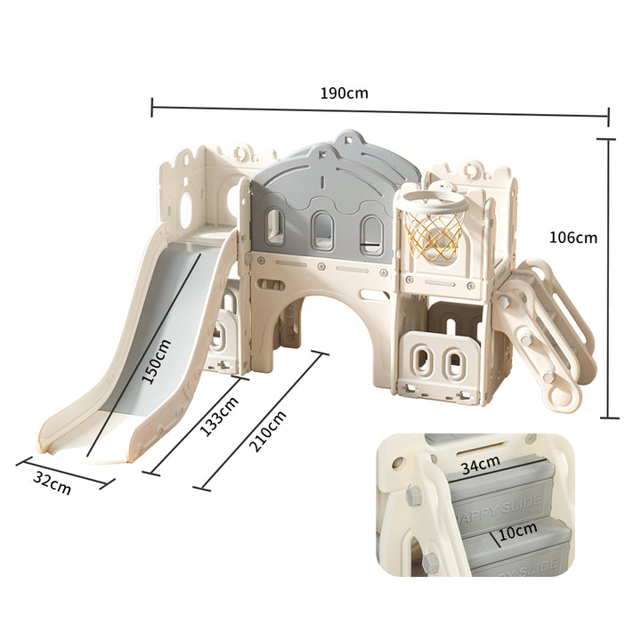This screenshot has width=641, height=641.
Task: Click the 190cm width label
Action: tap(344, 93)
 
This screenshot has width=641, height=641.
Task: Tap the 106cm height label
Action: tap(572, 238)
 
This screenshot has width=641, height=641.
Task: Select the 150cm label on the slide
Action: tap(156, 361)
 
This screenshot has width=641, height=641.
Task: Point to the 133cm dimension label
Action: tap(219, 416)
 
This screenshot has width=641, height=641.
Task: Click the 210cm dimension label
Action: tap(267, 431)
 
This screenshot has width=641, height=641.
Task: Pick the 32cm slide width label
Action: tap(52, 483)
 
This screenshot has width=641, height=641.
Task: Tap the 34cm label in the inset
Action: tap(481, 465)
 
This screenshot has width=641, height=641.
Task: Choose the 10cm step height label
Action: tap(517, 531)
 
